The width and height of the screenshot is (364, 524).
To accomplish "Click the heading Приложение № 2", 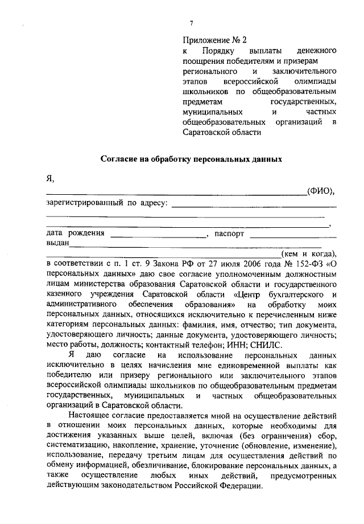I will pyautogui.click(x=215, y=40).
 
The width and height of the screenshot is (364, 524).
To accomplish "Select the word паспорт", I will pyautogui.click(x=229, y=234).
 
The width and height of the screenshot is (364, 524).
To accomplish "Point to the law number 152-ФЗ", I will pyautogui.click(x=309, y=264).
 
